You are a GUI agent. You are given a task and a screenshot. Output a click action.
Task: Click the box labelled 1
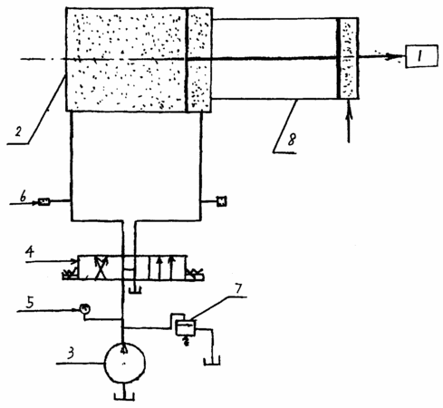coord(421,56)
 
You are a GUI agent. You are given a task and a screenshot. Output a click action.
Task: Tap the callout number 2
coord(18,131)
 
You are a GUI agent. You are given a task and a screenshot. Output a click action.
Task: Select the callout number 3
coord(71,353)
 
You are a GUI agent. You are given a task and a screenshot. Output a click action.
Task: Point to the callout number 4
coord(30,252)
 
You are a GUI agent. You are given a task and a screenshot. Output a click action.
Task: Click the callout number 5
coord(30,302)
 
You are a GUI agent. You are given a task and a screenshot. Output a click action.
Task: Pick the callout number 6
coord(24,197)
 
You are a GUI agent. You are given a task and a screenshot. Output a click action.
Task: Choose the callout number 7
coord(238,288)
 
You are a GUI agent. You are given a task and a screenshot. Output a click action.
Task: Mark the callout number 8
coord(292,140)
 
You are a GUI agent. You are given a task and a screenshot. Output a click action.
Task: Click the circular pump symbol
coord(124,364)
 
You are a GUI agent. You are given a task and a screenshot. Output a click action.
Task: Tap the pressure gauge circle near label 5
coord(85,309)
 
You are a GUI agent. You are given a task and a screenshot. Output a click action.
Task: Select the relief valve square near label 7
coord(186,328)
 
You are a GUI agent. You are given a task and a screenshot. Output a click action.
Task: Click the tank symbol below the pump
coord(124,396)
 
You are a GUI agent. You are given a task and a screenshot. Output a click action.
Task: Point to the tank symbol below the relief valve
coord(212,361)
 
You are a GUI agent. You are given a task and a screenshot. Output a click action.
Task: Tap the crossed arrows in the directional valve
coord(101,267)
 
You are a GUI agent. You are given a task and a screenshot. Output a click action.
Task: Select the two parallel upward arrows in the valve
coord(166,267)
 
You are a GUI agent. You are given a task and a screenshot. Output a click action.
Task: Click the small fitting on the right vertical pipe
coord(221,201)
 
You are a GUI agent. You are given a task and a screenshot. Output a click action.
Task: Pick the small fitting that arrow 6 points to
coord(44,202)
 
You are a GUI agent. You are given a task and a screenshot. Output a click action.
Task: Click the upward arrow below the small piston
coord(349,121)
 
